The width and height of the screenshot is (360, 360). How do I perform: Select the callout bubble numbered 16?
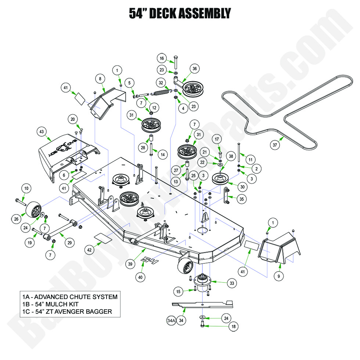tap(162, 58)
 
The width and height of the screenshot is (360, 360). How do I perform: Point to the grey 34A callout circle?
tap(171, 320)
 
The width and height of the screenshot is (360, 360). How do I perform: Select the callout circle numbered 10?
tap(26, 188)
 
